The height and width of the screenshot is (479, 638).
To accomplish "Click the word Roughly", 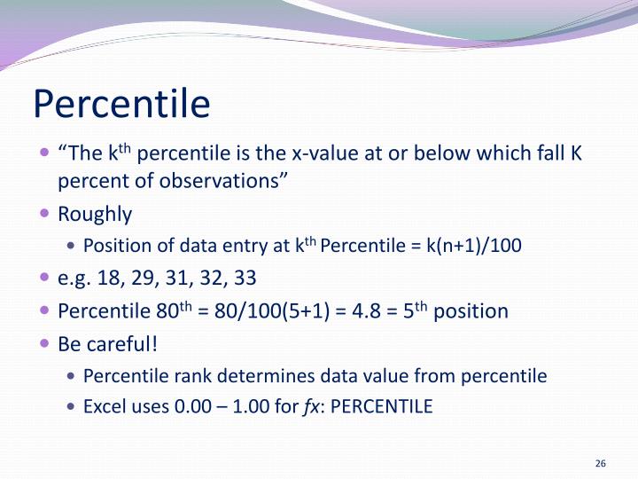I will [x=95, y=214].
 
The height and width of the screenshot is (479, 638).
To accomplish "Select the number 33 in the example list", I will [x=245, y=278].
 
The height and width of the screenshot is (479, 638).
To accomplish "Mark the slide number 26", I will [x=600, y=464].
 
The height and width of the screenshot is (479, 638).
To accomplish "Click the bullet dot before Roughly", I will [x=45, y=214].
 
